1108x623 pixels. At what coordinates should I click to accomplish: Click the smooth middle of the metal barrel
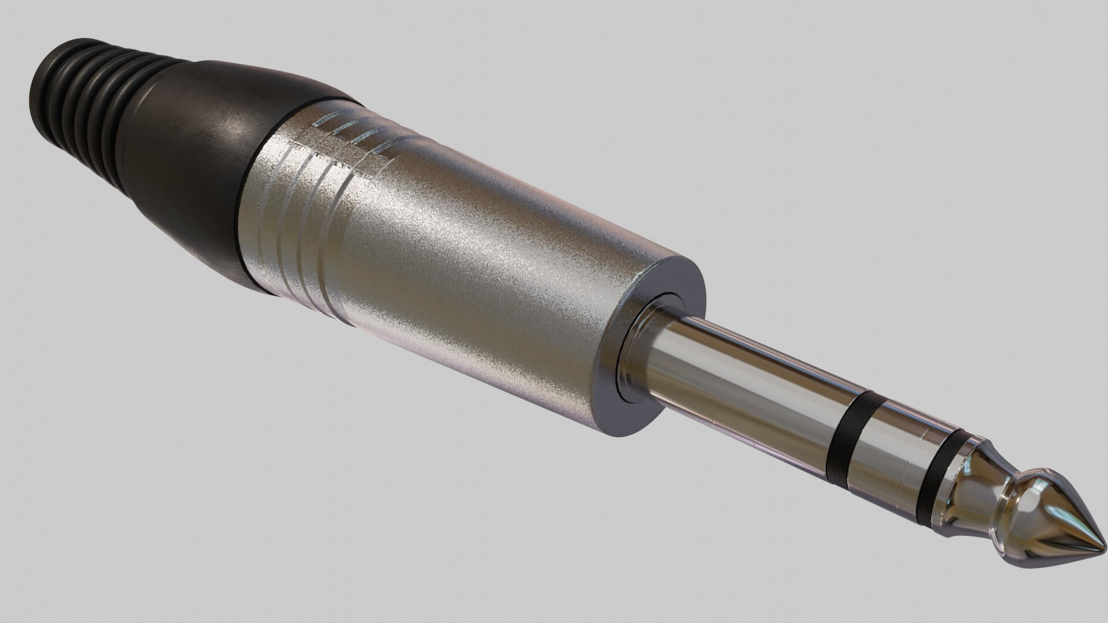pyautogui.click(x=462, y=260)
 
